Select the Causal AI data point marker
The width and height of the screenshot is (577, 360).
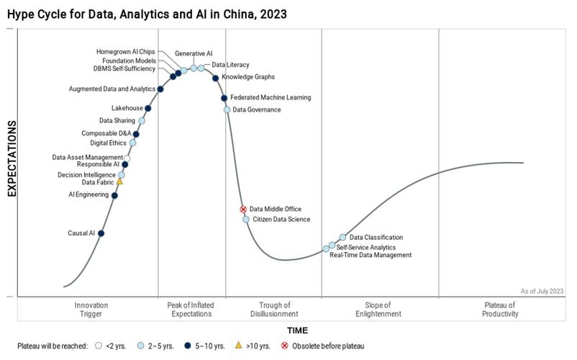[x=101, y=233]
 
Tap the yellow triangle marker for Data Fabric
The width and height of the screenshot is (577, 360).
[x=120, y=181]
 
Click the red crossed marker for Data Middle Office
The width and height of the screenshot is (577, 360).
[x=243, y=210]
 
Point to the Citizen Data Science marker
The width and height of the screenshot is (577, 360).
[x=246, y=219]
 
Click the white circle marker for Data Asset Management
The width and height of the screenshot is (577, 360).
[x=127, y=158]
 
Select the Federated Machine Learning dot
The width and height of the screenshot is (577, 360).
[x=224, y=98]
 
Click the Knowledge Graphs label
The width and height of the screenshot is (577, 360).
[x=247, y=77]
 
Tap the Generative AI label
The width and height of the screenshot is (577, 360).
[x=194, y=53]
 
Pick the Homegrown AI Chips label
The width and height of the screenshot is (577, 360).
[x=126, y=52]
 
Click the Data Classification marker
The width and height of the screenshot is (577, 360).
[x=343, y=237]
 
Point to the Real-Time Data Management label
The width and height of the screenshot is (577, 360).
[x=370, y=255]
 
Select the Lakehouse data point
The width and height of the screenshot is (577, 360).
[x=148, y=109]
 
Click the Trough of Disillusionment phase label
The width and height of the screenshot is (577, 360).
[x=273, y=310]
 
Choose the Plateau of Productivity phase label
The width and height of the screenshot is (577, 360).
[x=500, y=310]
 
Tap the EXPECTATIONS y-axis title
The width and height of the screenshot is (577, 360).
[x=12, y=158]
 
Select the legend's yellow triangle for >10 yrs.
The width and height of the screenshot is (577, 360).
[x=239, y=346]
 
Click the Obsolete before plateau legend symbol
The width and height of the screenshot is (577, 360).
[x=284, y=346]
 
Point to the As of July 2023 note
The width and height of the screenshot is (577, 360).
[x=542, y=291]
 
